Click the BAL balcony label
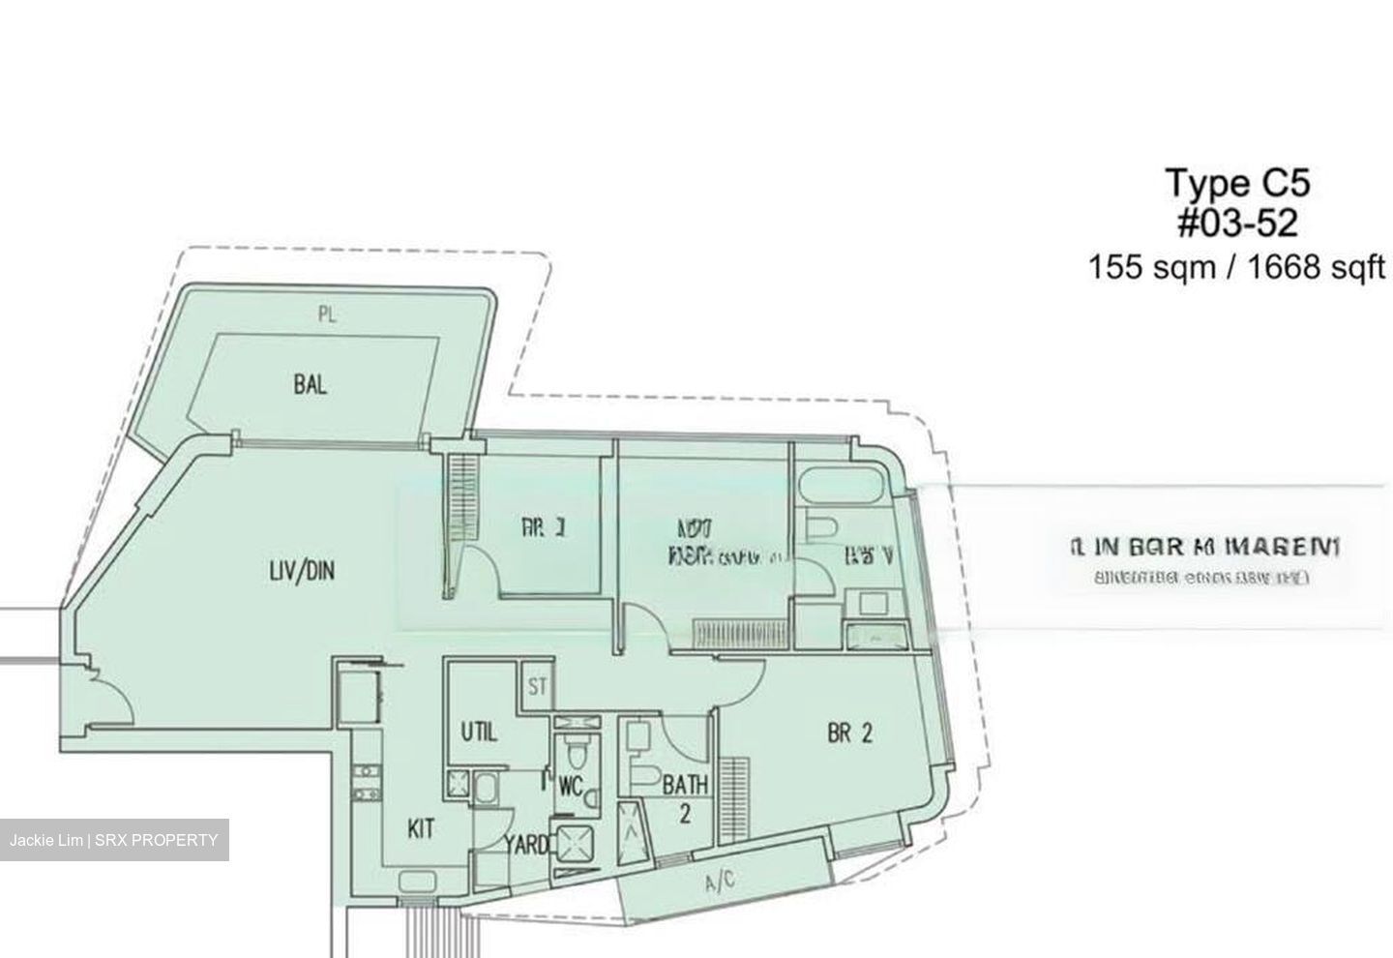pos(311,385)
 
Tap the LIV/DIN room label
pos(301,571)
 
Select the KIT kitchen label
pos(420,829)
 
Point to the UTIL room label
pos(478,733)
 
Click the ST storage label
pos(538,688)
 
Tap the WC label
pos(570,787)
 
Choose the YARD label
pos(526,845)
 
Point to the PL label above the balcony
pos(327,314)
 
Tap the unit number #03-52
pos(1237,224)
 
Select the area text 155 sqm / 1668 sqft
pos(1237,266)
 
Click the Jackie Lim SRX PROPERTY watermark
pos(114,840)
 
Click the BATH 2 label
pos(685,798)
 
